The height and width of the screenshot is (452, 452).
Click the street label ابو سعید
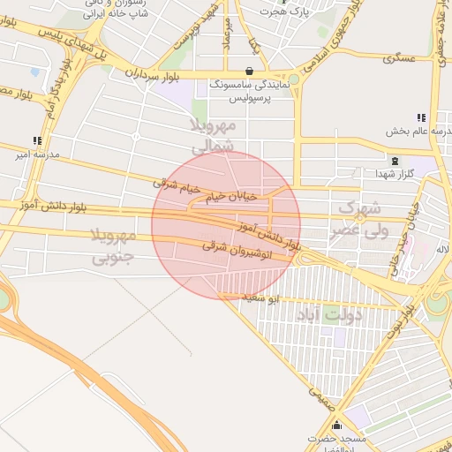[260, 299]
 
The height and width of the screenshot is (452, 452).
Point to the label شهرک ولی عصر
[358, 220]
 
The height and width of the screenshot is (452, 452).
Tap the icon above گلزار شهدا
[395, 162]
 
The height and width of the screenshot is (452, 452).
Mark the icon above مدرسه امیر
[37, 140]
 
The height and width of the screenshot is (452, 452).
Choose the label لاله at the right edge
[441, 250]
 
